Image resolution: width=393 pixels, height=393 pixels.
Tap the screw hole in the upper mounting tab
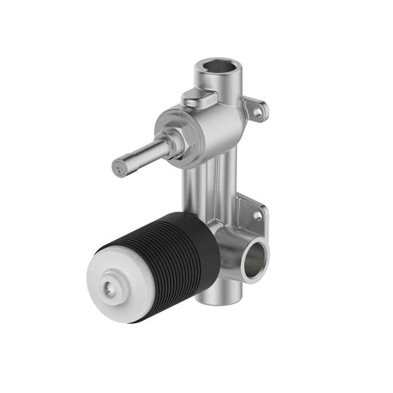[x=257, y=112]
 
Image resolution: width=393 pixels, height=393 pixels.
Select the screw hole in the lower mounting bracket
[x=258, y=215]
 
